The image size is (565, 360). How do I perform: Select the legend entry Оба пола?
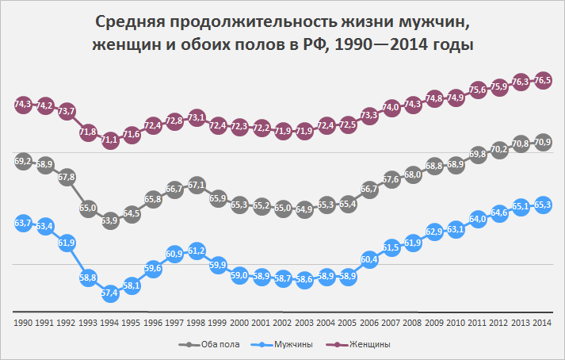pos(208,344)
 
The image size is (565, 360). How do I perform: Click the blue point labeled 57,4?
pos(110,293)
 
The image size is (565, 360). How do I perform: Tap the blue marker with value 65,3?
pos(543,205)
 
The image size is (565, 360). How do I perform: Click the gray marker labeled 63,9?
pos(110,220)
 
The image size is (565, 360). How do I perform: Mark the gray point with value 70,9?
pos(543,142)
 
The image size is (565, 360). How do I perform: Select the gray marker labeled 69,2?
pos(24,161)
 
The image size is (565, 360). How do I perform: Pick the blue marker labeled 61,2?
pos(197,251)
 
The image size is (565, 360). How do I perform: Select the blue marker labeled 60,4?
pos(369,259)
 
